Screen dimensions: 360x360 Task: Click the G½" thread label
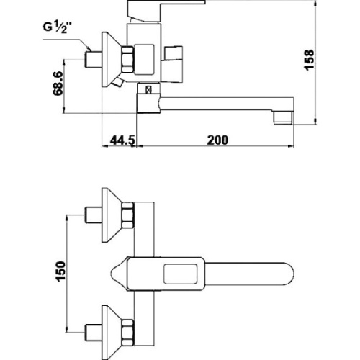(x=58, y=27)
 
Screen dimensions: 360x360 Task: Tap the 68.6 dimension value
(x=58, y=84)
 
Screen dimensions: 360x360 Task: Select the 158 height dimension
(x=309, y=60)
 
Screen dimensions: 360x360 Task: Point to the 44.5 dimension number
(x=122, y=140)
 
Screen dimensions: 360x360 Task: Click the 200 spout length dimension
(x=217, y=140)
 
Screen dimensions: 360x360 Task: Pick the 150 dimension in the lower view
(x=60, y=271)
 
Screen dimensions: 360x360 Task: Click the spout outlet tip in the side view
(x=284, y=117)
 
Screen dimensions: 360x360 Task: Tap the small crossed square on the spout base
(x=148, y=89)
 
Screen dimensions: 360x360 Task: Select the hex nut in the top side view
(x=127, y=59)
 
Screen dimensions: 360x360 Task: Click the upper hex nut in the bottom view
(x=127, y=215)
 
